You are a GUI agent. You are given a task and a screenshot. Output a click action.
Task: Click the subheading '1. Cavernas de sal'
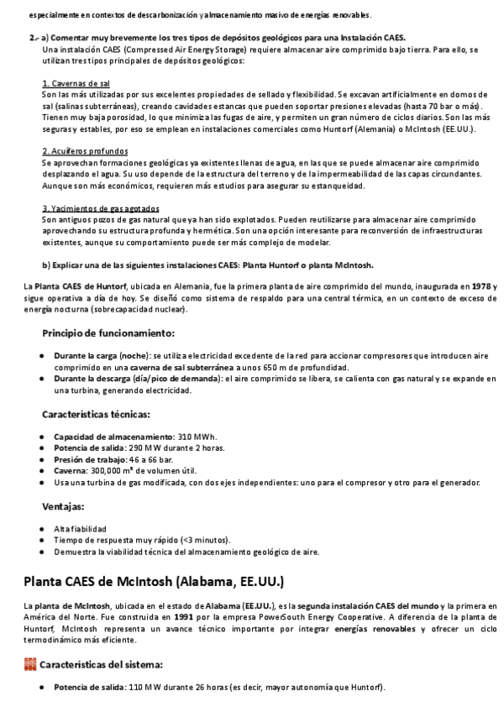(x=75, y=85)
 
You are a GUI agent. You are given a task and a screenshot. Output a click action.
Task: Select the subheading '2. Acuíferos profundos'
(x=81, y=151)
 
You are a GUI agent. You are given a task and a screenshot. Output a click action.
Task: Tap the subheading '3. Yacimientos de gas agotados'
(x=100, y=208)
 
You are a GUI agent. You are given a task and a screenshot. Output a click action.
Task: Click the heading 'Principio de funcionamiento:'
(x=108, y=333)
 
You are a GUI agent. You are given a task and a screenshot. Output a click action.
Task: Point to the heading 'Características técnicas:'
(x=97, y=414)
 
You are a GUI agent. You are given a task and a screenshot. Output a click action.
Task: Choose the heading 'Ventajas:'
(x=63, y=506)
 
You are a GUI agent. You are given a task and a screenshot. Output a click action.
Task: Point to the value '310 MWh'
(x=197, y=437)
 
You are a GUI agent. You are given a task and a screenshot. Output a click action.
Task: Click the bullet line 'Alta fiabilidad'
(x=80, y=529)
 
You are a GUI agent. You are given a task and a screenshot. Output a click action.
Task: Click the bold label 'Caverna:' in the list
(x=73, y=472)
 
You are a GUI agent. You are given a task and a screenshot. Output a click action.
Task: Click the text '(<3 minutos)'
(x=205, y=541)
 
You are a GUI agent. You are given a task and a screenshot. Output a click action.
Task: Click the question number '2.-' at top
(x=33, y=39)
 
